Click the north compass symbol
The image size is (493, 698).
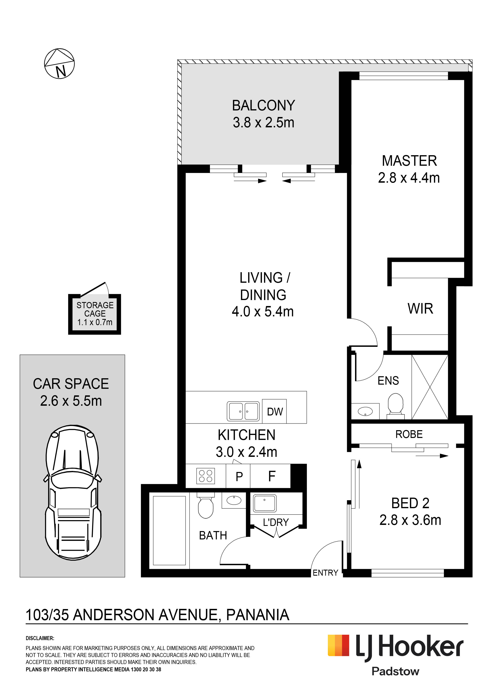59,63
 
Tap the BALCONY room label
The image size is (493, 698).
263,105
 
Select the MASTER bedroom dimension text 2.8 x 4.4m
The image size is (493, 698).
409,178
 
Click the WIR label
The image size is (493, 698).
420,309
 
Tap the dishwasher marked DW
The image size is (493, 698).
274,411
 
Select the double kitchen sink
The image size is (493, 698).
243,411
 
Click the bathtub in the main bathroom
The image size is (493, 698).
169,530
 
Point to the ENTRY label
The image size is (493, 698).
325,573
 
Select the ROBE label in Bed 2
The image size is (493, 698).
409,434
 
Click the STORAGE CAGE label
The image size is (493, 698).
95,309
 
